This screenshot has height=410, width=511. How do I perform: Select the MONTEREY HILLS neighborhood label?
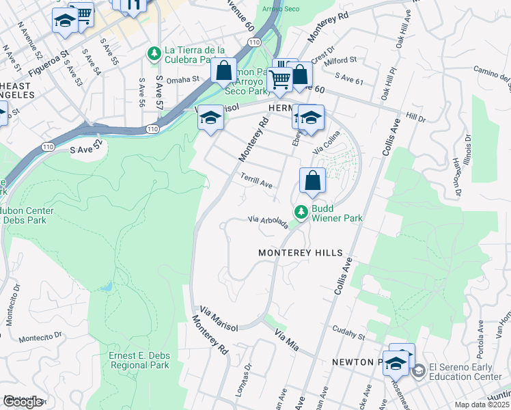pos(300,253)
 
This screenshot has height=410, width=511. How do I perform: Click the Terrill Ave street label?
pos(257,180)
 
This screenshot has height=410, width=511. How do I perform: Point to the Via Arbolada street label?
pos(268,223)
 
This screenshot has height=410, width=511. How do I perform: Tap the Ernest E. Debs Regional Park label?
pos(139,360)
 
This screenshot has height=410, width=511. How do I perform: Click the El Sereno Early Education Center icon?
pos(418,370)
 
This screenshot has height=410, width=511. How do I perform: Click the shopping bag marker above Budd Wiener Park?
pos(312,182)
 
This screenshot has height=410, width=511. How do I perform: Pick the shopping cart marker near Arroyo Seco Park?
pos(279,79)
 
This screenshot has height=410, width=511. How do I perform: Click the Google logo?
pos(23,402)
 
